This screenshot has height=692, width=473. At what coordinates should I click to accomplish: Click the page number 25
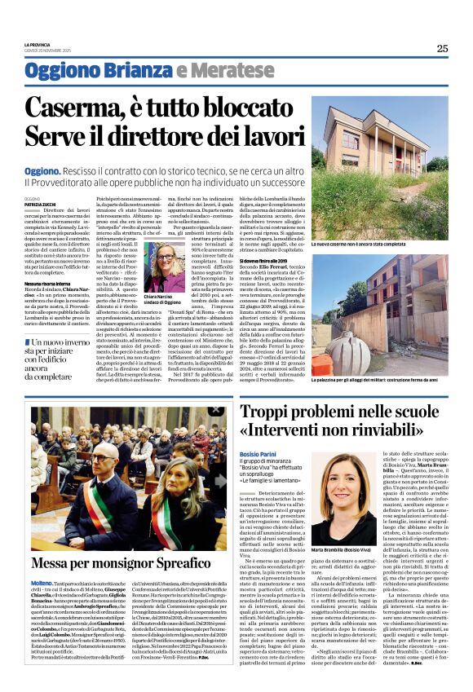pos(442,48)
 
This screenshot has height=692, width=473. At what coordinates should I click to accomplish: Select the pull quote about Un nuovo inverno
pos(61,356)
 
